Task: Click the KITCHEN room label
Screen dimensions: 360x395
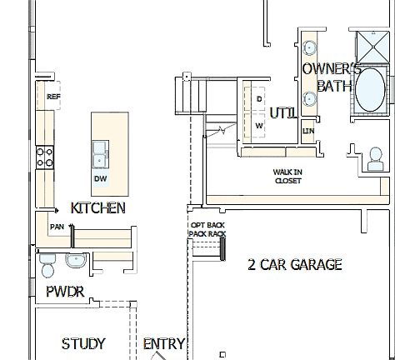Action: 98,207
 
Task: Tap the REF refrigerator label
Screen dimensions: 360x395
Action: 54,97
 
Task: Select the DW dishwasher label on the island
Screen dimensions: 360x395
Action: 100,178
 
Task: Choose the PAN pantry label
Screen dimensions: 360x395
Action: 57,226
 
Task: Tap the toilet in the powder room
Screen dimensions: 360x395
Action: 47,265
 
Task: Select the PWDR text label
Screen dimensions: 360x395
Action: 65,292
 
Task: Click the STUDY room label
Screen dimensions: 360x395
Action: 83,343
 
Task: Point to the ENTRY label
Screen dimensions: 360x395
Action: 163,343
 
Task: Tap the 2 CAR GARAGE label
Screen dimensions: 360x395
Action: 295,265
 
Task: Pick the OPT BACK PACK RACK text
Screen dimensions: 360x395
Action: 207,230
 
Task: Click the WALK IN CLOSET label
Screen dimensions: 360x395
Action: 287,176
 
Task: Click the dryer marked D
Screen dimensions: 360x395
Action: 258,98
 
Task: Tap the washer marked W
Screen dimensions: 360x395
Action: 258,126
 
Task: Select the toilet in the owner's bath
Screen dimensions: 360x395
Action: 375,157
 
